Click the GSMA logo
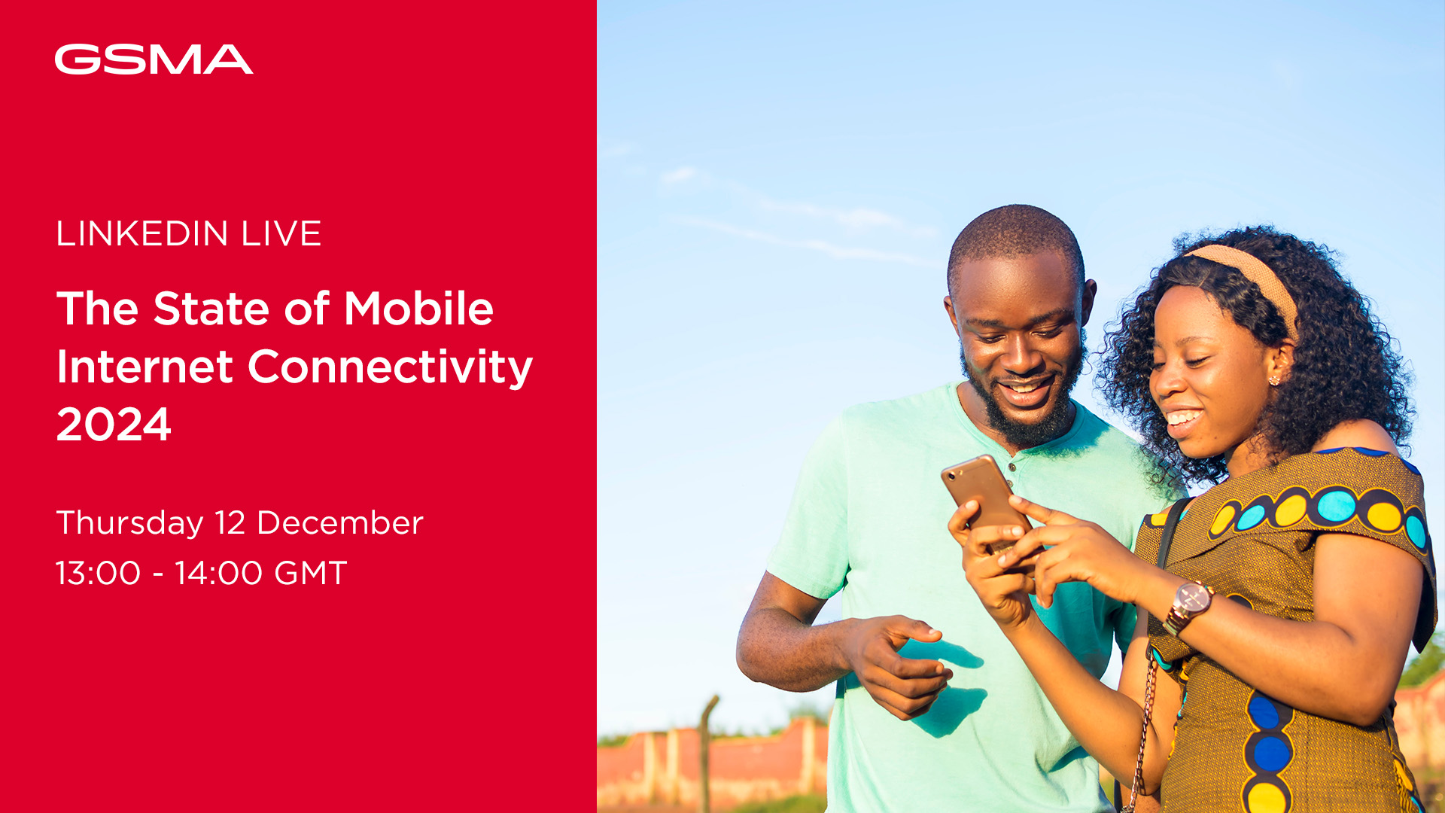click(x=154, y=59)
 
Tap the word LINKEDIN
click(x=142, y=233)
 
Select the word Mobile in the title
click(x=418, y=309)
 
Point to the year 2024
click(x=114, y=425)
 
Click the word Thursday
click(x=130, y=524)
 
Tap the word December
click(x=340, y=523)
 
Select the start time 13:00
click(x=99, y=573)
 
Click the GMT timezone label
click(x=311, y=573)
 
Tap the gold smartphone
click(x=987, y=501)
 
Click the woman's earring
click(x=1274, y=380)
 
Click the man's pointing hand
click(x=899, y=662)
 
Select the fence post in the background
click(x=707, y=753)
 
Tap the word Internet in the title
click(x=144, y=367)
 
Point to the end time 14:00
click(x=218, y=573)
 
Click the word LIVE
click(x=281, y=233)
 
